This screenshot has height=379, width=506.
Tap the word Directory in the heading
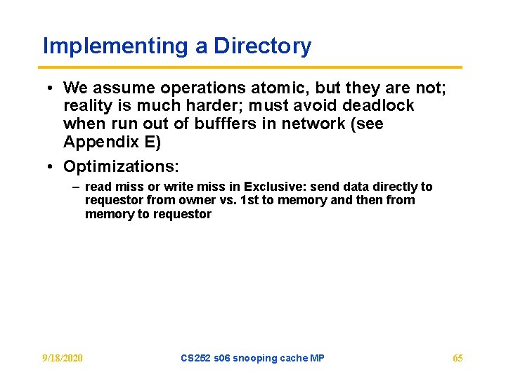point(262,46)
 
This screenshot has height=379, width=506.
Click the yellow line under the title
point(252,67)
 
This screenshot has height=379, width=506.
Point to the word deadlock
point(379,106)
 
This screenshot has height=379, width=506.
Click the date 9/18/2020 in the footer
point(62,359)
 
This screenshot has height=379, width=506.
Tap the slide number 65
point(458,359)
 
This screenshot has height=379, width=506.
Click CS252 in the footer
point(195,359)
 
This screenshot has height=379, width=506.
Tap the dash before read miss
point(75,187)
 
